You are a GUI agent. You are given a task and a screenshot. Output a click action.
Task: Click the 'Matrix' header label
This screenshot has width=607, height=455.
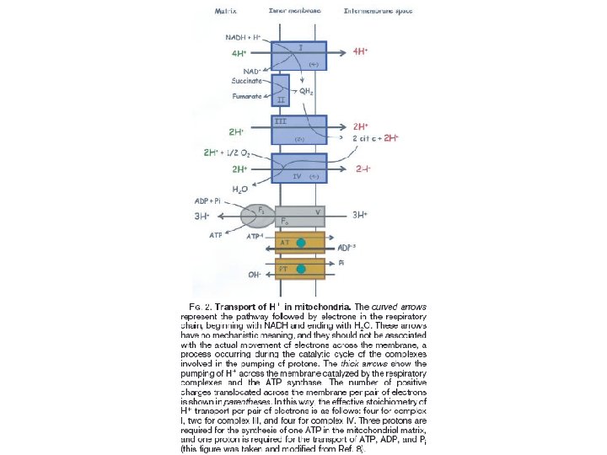point(225,12)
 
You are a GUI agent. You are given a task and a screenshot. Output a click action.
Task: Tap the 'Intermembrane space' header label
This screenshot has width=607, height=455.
point(378,12)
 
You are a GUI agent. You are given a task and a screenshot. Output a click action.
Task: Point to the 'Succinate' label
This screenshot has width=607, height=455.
point(247,81)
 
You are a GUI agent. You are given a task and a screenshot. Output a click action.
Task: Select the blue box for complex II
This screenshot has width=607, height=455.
point(281,90)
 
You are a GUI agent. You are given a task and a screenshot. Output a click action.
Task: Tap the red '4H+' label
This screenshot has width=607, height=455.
point(362,51)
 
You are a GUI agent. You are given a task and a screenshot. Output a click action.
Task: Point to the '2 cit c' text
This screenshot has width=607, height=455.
point(367,137)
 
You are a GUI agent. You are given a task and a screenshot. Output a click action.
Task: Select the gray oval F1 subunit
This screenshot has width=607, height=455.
point(257,215)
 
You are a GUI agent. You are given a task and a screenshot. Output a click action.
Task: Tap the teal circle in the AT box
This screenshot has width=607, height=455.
point(301,243)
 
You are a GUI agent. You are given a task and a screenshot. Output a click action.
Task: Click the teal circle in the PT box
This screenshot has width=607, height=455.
point(301,269)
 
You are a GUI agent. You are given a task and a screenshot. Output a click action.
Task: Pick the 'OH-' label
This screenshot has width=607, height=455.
point(254,275)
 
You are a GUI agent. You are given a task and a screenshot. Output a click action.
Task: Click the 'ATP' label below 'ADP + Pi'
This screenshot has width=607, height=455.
point(218,235)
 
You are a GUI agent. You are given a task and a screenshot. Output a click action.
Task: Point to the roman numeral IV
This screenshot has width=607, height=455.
point(297,177)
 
